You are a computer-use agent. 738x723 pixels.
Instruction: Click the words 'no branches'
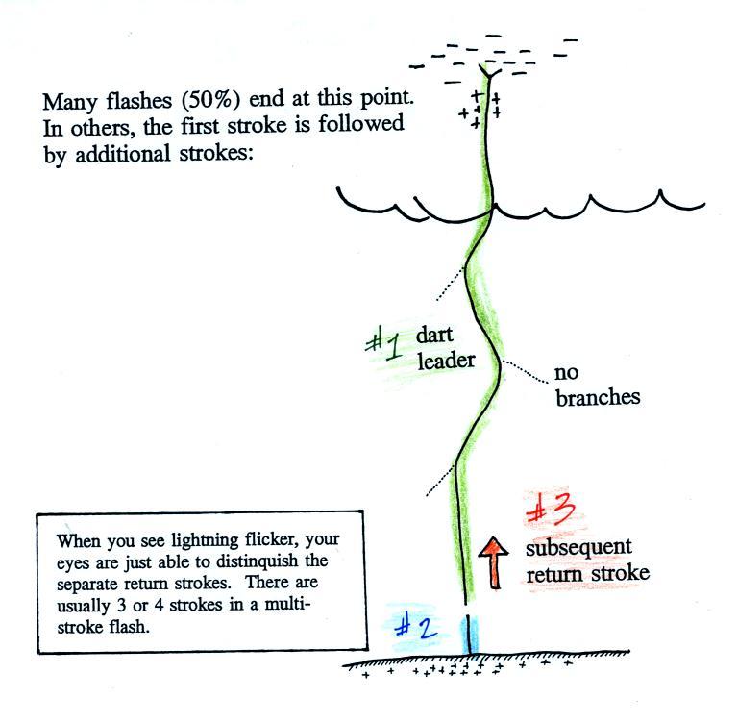click(x=597, y=385)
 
